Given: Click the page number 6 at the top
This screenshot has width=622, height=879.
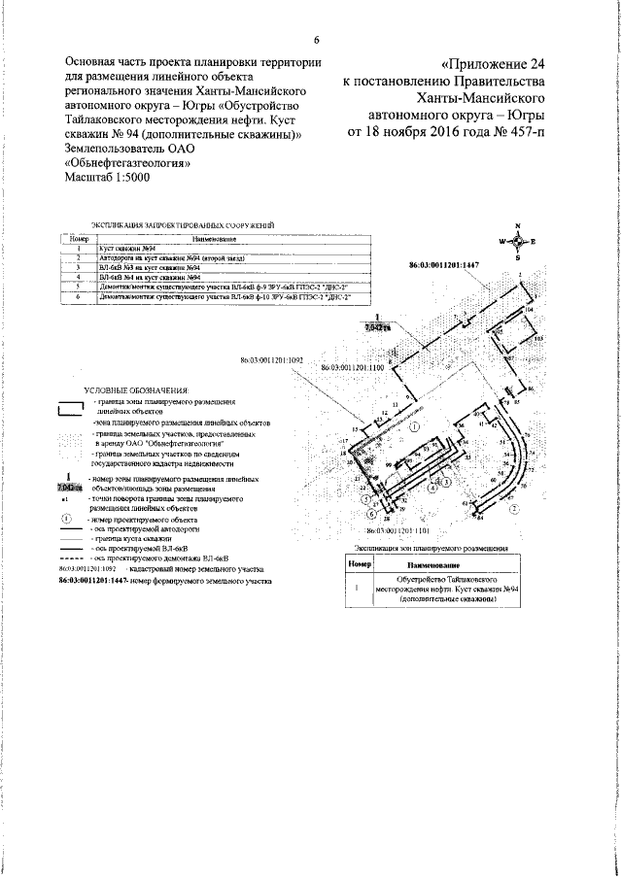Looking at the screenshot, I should tap(317, 39).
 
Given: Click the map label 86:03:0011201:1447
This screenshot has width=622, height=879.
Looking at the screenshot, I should tap(445, 264).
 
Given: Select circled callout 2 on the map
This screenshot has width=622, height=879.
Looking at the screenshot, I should tap(516, 505).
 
